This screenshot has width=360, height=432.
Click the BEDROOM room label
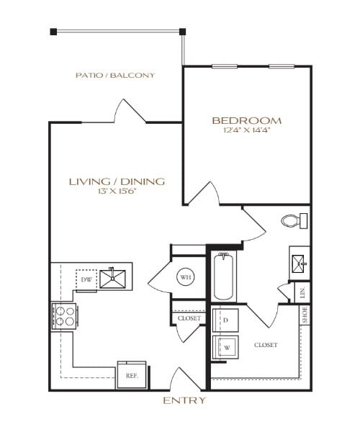[246, 120]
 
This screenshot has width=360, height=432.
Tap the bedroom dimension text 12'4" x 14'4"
[246, 131]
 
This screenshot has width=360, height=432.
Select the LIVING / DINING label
[117, 181]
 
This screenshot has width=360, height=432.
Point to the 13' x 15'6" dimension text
[117, 192]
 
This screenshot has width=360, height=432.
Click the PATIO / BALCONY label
[115, 75]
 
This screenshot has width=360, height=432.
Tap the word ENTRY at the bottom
[185, 400]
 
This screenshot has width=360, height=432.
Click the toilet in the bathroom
[294, 220]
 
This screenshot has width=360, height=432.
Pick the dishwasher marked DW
[86, 279]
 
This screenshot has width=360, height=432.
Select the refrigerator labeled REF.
[132, 375]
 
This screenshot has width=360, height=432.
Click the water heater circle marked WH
[185, 277]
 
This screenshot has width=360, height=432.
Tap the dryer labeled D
[225, 320]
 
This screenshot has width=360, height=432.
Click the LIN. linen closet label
[303, 292]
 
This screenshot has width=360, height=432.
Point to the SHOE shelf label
[305, 315]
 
